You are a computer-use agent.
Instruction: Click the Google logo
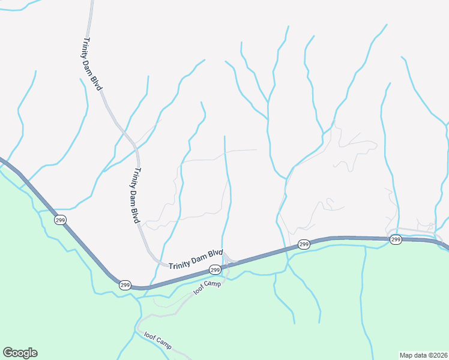tap(20, 353)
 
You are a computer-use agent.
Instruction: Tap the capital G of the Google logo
tap(8, 353)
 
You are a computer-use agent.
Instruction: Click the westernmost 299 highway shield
tap(60, 220)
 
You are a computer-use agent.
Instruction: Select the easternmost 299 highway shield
tap(396, 239)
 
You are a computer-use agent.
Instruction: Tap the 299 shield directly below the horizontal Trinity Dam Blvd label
tap(215, 270)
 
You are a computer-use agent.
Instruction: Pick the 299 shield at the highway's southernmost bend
tap(124, 284)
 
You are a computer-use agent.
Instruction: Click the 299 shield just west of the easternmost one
tap(304, 244)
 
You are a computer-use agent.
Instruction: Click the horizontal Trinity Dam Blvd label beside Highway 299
tap(196, 260)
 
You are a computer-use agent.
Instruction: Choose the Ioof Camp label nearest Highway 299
tap(207, 287)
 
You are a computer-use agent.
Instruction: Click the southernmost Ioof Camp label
tap(157, 342)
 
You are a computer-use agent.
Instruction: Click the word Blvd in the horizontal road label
tap(215, 254)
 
